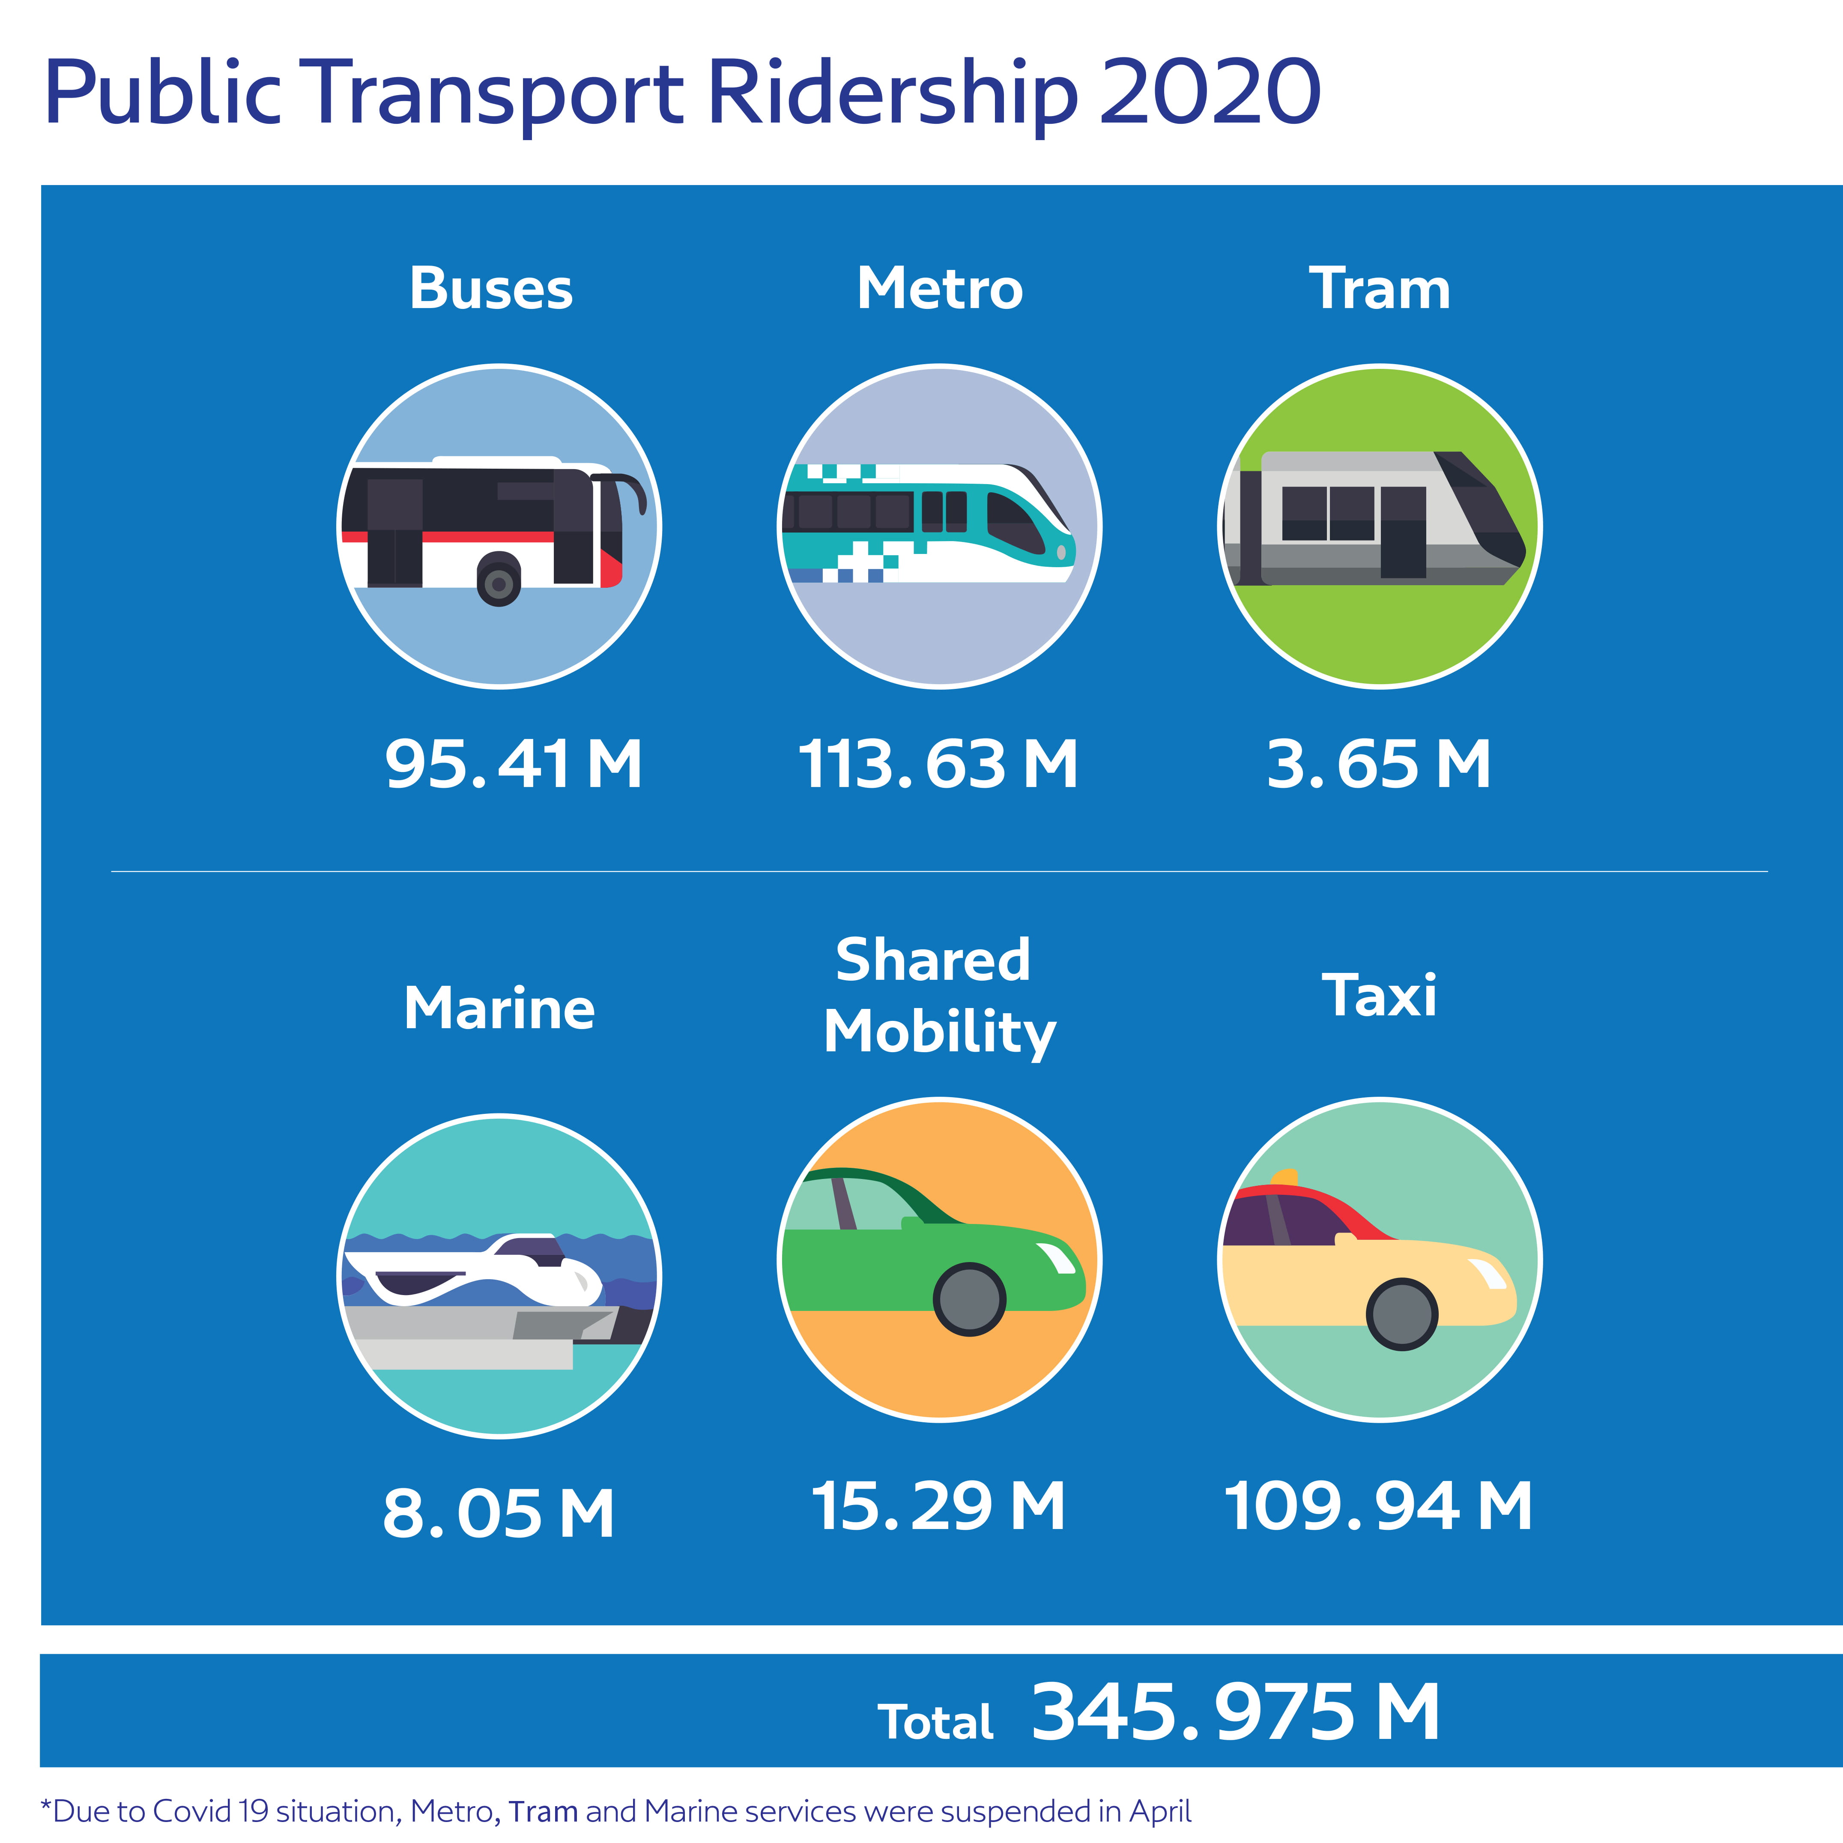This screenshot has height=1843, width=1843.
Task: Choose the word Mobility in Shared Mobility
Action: coord(940,1033)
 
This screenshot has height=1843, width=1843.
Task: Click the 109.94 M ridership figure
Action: coord(1378,1507)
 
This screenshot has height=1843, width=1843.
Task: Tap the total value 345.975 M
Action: coord(1235,1712)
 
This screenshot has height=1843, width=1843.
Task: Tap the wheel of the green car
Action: coord(969,1299)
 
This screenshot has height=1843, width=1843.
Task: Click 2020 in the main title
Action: coord(1210,93)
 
